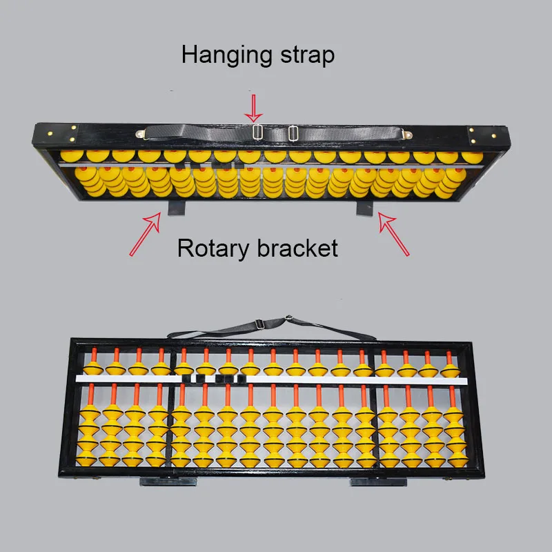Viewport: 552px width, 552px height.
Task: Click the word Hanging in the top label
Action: (227, 56)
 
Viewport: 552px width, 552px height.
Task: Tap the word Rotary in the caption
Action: (213, 249)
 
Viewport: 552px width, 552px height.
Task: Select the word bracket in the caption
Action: (297, 248)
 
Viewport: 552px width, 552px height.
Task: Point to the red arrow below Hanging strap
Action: (253, 108)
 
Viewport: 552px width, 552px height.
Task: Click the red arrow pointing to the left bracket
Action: (146, 234)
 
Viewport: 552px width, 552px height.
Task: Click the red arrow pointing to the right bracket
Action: (394, 233)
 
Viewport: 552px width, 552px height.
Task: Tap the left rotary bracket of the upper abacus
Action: (176, 208)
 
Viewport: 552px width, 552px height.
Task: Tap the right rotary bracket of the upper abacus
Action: (364, 208)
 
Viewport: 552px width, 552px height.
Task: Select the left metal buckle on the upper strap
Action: (257, 132)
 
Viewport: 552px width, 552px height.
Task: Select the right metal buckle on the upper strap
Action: (293, 133)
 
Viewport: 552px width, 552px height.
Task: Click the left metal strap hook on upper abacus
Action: (141, 134)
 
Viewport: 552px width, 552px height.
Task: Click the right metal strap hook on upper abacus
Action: (408, 134)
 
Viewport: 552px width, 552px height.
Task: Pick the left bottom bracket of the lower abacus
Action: (168, 482)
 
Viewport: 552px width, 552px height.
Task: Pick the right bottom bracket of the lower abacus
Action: (378, 482)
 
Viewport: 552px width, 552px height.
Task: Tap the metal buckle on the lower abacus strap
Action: (260, 324)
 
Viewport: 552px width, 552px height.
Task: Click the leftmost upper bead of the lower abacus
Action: (93, 368)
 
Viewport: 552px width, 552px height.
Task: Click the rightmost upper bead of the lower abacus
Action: (450, 371)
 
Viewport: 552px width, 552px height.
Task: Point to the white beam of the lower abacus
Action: (271, 379)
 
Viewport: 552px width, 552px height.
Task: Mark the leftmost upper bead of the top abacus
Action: (72, 156)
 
